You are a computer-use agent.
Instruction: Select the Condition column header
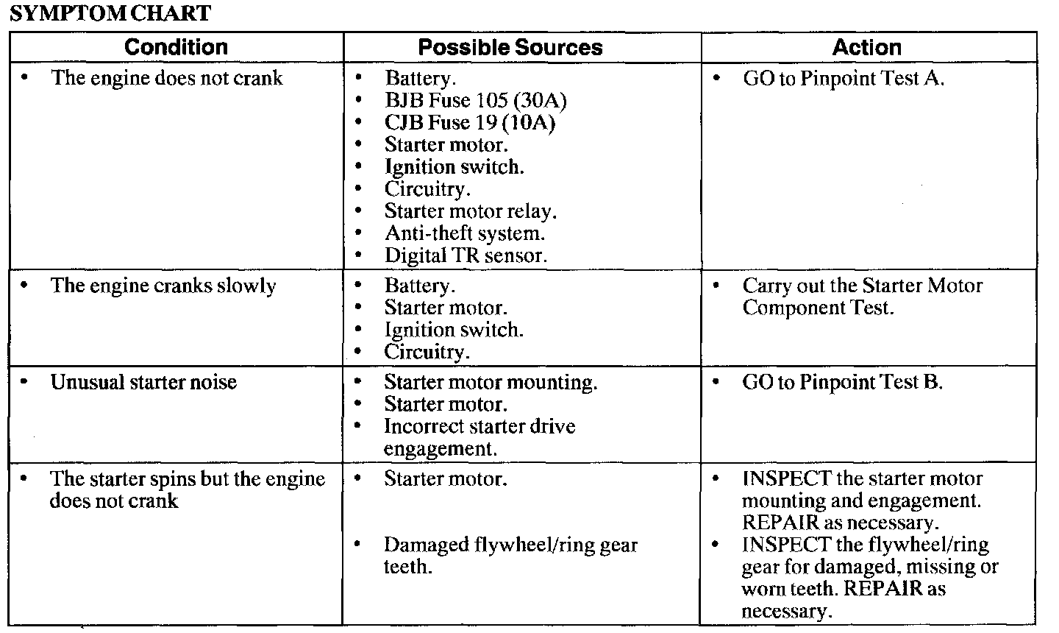click(x=176, y=48)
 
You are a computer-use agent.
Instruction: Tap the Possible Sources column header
click(x=510, y=48)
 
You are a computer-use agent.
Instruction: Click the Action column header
click(x=866, y=48)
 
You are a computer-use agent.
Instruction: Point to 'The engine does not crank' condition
click(x=166, y=78)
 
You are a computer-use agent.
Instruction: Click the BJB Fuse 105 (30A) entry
click(x=475, y=100)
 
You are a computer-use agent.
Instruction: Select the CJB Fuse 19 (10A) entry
click(x=469, y=122)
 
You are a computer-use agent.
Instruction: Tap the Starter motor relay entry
click(x=470, y=211)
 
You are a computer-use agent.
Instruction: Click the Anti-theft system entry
click(x=464, y=233)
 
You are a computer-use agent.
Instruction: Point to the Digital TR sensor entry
click(x=466, y=255)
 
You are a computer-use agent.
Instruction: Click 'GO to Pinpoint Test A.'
click(x=843, y=78)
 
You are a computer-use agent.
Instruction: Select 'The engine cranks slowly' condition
click(x=163, y=286)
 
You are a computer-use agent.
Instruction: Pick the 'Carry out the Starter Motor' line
click(x=862, y=286)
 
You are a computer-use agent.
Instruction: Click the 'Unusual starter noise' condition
click(x=143, y=382)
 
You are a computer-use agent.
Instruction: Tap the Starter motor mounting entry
click(x=491, y=382)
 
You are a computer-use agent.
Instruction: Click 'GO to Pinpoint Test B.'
click(x=842, y=382)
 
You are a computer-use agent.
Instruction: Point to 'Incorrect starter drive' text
click(x=479, y=426)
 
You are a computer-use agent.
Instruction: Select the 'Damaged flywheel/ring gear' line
click(x=510, y=545)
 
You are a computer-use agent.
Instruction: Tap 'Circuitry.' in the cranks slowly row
click(x=427, y=352)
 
